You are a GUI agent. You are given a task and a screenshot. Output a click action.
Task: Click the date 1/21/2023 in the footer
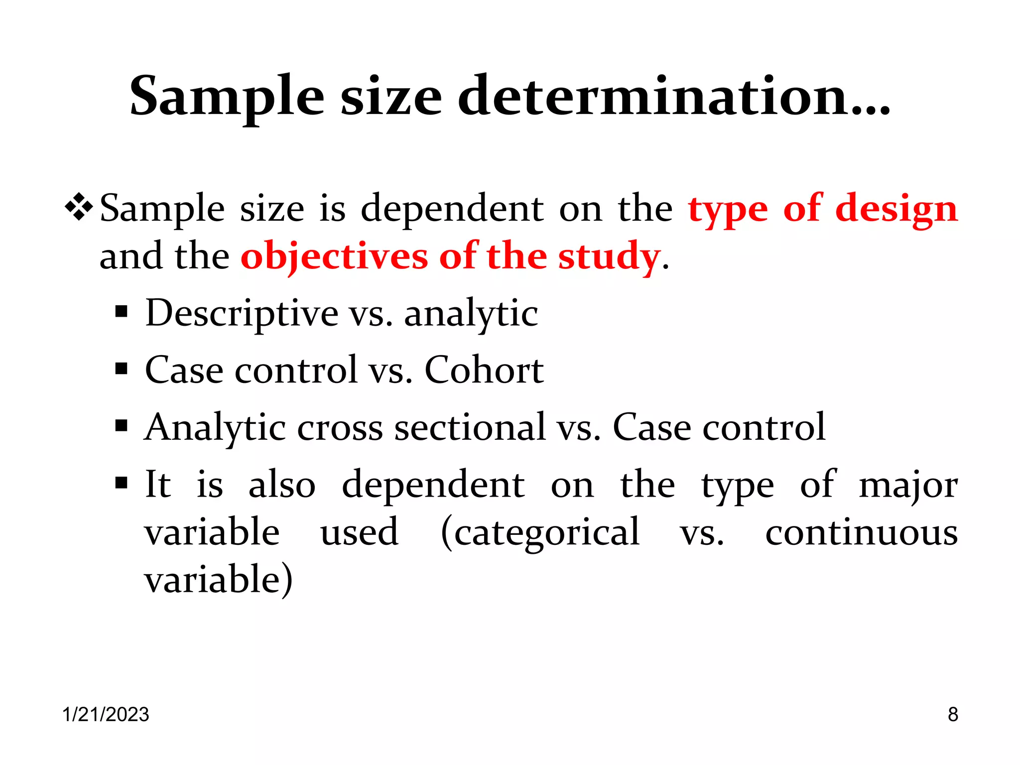106,714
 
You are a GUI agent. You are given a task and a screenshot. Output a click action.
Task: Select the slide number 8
953,714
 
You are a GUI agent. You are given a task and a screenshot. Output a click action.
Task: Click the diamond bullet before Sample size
79,207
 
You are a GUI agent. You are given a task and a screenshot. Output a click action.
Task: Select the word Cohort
484,370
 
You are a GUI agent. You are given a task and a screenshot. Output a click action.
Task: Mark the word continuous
861,532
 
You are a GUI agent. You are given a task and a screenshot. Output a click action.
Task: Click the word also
282,484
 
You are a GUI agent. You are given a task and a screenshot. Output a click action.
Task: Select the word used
359,532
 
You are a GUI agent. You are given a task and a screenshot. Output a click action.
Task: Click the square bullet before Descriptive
121,312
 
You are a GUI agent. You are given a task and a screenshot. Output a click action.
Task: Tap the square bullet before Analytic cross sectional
121,426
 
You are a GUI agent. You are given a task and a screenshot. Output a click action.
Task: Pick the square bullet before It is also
121,483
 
